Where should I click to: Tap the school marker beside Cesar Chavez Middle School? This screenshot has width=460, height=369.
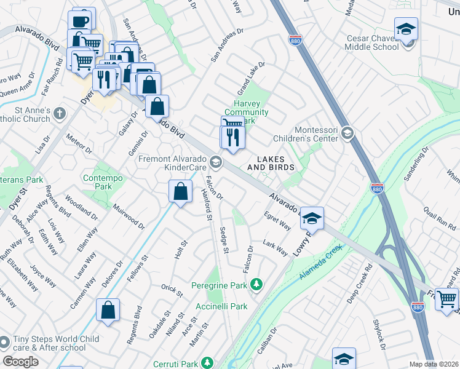[406, 29]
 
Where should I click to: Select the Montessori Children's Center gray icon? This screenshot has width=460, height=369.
[347, 133]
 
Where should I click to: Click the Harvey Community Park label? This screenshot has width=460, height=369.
[246, 112]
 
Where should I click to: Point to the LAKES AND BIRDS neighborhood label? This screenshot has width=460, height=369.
[271, 163]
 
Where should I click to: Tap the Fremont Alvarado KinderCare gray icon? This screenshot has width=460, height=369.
[215, 162]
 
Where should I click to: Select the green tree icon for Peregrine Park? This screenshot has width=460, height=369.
[256, 285]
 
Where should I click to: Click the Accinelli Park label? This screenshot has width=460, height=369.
[221, 306]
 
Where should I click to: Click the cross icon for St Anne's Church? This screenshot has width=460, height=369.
[60, 114]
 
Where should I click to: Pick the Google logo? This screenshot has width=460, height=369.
[20, 361]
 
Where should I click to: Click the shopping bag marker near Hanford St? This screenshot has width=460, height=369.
[180, 191]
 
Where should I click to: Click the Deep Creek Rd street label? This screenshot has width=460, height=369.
[360, 284]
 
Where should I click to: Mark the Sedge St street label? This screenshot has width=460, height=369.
[224, 240]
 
